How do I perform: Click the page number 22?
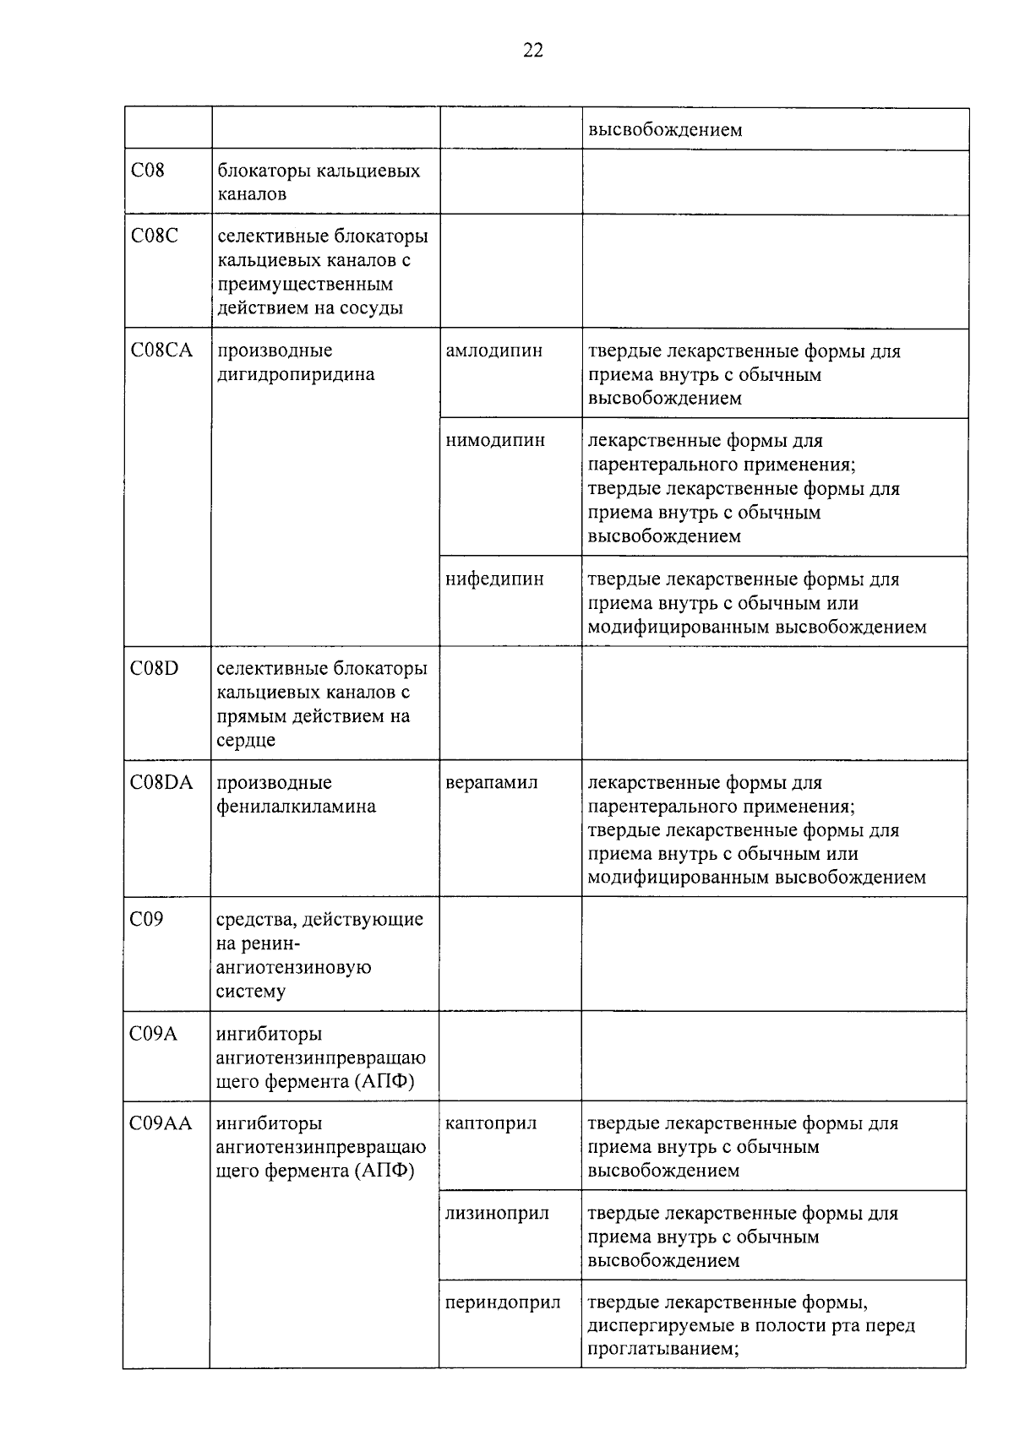[533, 51]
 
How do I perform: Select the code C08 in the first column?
[148, 171]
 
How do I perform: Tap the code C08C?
[155, 236]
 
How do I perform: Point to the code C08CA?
[162, 351]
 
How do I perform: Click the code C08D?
[155, 669]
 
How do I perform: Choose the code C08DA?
[161, 783]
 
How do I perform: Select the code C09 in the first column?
[147, 919]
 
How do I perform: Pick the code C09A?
[154, 1034]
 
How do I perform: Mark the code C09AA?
[161, 1123]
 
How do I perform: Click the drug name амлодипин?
[494, 351]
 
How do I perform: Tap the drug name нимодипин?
[495, 441]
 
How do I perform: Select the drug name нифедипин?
[495, 579]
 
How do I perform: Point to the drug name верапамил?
[492, 783]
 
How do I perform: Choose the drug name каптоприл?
[491, 1123]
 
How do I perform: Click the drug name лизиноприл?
[497, 1214]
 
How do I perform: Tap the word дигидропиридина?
[296, 374]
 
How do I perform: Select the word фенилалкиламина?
[297, 807]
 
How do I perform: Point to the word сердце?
[246, 741]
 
